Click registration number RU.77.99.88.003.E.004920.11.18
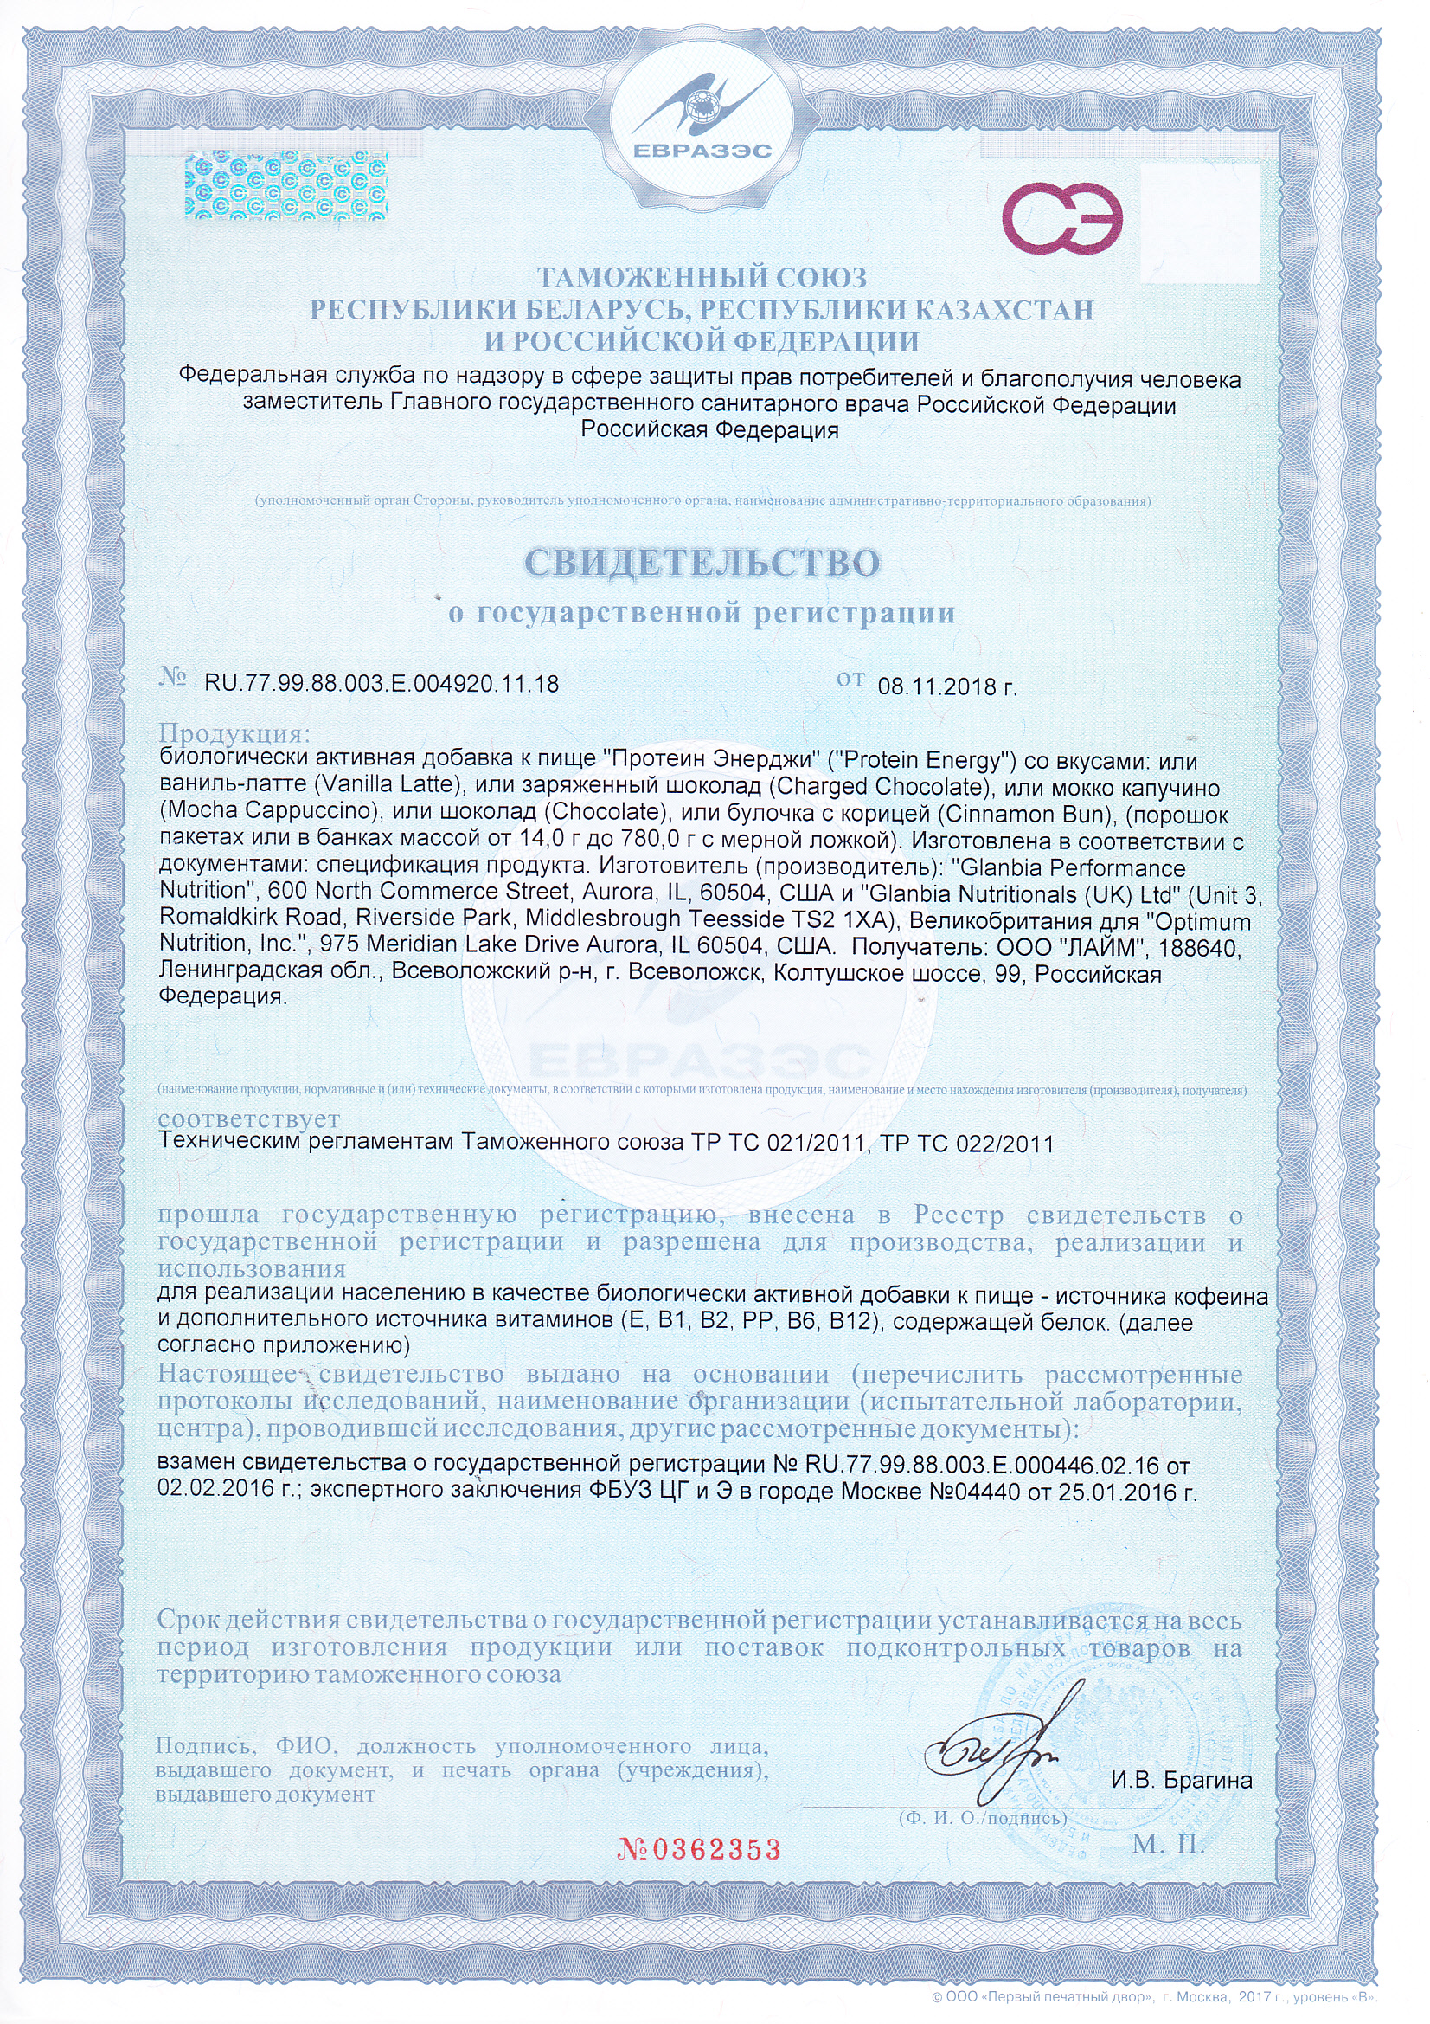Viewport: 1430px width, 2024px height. (x=382, y=684)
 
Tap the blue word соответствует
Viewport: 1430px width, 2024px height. (x=248, y=1119)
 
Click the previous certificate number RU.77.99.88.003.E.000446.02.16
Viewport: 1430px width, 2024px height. (x=984, y=1466)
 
